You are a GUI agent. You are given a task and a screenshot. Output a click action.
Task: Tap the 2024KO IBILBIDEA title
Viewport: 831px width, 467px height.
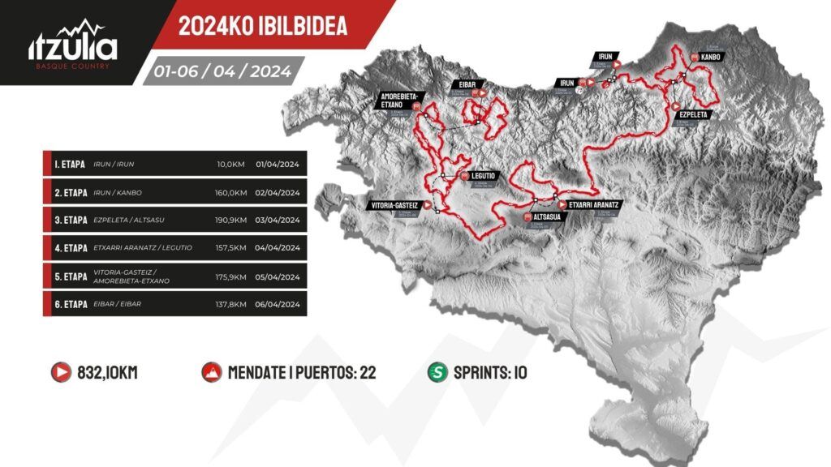click(x=262, y=26)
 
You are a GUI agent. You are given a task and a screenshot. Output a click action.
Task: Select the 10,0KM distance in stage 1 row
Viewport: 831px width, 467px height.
click(x=230, y=165)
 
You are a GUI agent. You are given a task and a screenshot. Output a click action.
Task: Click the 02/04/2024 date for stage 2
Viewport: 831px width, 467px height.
click(x=278, y=193)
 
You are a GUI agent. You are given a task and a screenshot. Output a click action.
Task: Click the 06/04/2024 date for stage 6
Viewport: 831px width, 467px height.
click(x=278, y=304)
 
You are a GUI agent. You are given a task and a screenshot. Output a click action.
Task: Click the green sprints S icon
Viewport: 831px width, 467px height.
click(x=437, y=373)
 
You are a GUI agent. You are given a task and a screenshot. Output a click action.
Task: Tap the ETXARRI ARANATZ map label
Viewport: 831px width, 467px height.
click(x=594, y=205)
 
